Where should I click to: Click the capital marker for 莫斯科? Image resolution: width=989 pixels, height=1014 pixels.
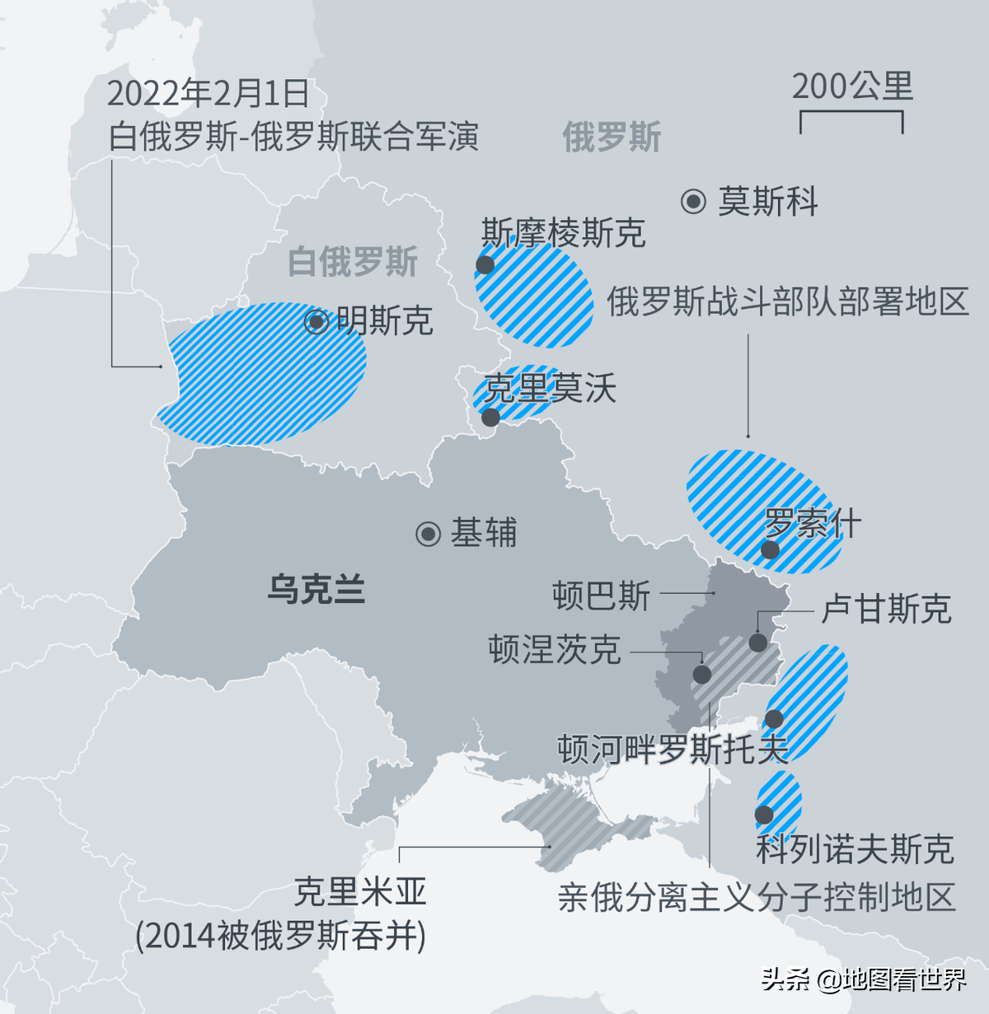(x=694, y=201)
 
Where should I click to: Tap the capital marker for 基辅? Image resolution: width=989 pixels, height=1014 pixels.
(x=429, y=534)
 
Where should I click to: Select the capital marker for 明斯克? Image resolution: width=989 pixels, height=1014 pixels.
(x=316, y=321)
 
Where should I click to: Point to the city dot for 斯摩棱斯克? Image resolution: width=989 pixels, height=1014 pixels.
(x=485, y=264)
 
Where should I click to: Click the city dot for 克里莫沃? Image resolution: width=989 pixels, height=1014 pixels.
(x=490, y=417)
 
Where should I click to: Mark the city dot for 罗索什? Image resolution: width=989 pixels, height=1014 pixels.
(x=770, y=549)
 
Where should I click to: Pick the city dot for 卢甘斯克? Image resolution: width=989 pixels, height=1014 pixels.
(x=758, y=643)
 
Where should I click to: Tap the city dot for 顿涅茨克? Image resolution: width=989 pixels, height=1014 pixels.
(x=702, y=675)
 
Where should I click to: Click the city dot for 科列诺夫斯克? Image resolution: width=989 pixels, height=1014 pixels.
(x=764, y=815)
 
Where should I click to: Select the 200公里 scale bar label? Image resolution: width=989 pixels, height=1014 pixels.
(x=852, y=86)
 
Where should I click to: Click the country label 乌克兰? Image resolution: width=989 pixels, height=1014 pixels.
(x=316, y=590)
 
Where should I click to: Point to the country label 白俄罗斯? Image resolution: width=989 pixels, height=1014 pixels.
(x=353, y=262)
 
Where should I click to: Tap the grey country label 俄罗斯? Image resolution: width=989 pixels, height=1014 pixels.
(x=612, y=137)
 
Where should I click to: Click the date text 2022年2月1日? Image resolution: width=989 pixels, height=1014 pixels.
(x=208, y=94)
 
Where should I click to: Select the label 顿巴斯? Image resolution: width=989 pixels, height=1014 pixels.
(x=602, y=595)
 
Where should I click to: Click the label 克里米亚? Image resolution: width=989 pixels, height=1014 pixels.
(x=360, y=891)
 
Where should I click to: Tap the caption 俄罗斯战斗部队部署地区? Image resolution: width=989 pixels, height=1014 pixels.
(x=787, y=302)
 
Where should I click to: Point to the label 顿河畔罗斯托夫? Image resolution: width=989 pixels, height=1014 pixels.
(x=673, y=749)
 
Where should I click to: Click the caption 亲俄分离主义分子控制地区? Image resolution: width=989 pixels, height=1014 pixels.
(x=756, y=897)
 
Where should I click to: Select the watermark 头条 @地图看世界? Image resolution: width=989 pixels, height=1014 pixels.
(x=864, y=979)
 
